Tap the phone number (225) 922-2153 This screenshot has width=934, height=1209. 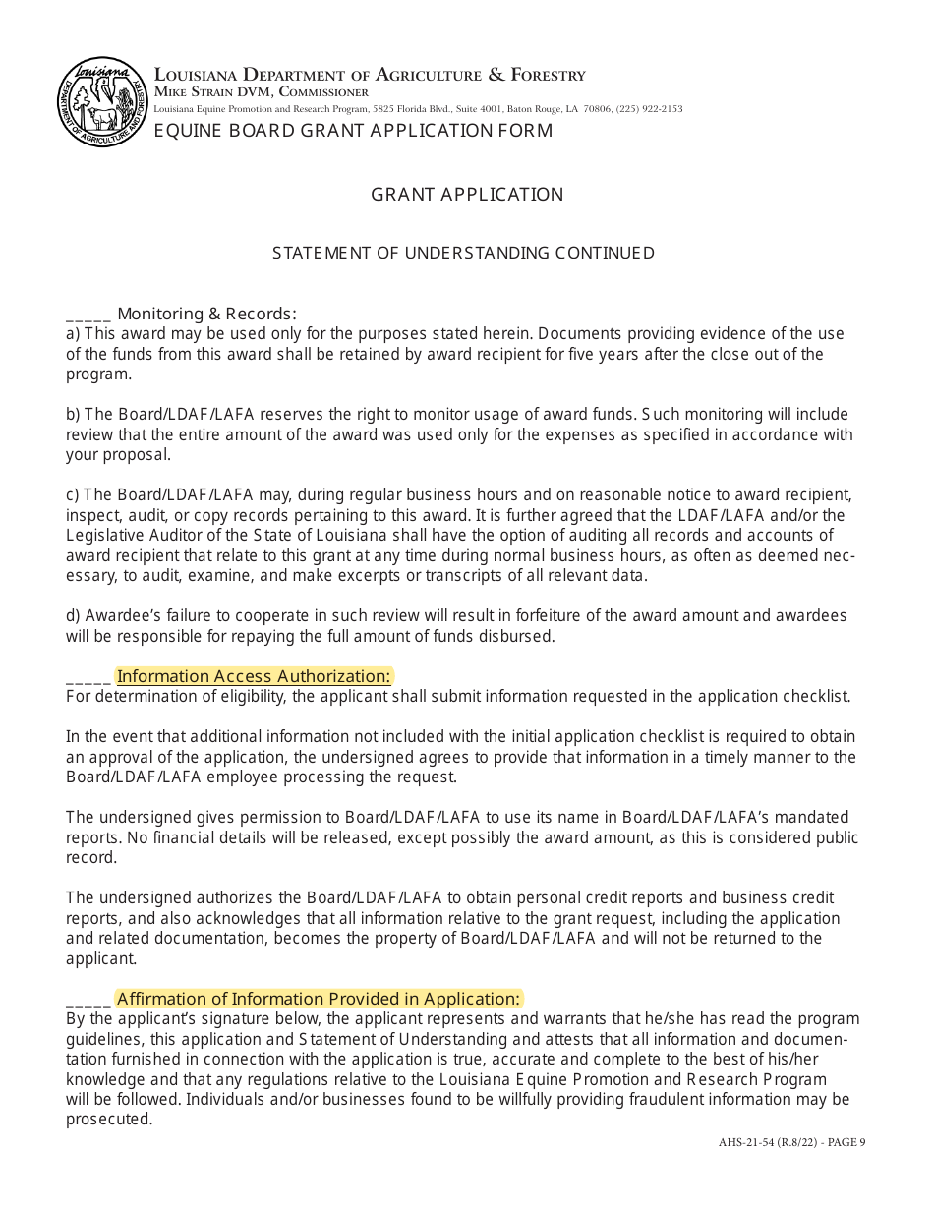point(649,108)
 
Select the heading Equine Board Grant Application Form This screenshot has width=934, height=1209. point(353,131)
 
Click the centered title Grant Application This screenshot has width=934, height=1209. point(467,195)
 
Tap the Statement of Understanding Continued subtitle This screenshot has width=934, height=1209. point(463,254)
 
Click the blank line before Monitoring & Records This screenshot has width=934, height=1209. point(88,315)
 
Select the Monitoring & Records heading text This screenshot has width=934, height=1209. point(206,315)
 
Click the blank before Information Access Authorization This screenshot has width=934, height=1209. point(88,677)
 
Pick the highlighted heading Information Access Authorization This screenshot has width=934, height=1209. point(254,676)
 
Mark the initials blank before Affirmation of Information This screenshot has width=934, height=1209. point(88,1000)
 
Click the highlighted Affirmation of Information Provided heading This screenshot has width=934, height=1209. point(319,1000)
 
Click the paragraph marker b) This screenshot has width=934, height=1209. point(73,415)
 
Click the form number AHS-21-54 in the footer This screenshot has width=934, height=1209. point(744,1142)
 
